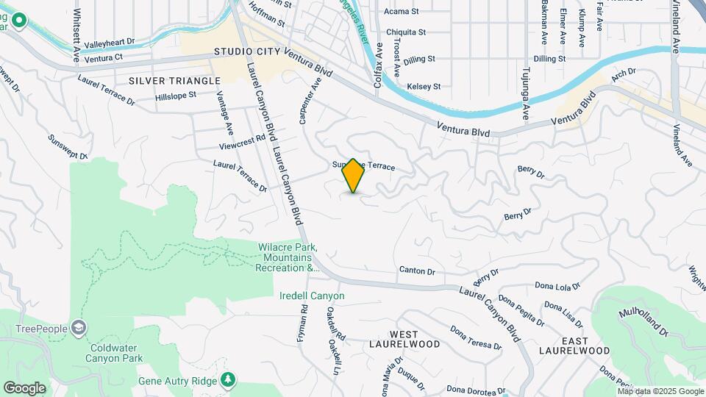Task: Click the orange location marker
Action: (x=353, y=176)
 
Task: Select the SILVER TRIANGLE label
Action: (x=174, y=81)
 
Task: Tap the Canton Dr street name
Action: (x=417, y=271)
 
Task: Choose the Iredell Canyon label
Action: (x=312, y=296)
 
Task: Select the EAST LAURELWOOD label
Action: (x=585, y=345)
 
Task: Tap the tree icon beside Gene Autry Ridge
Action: (x=229, y=379)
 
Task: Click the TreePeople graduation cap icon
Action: (x=79, y=328)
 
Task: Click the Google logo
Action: (x=24, y=387)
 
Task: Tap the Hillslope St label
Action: (x=176, y=96)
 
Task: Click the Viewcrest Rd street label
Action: (x=246, y=140)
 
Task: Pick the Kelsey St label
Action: (x=424, y=86)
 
